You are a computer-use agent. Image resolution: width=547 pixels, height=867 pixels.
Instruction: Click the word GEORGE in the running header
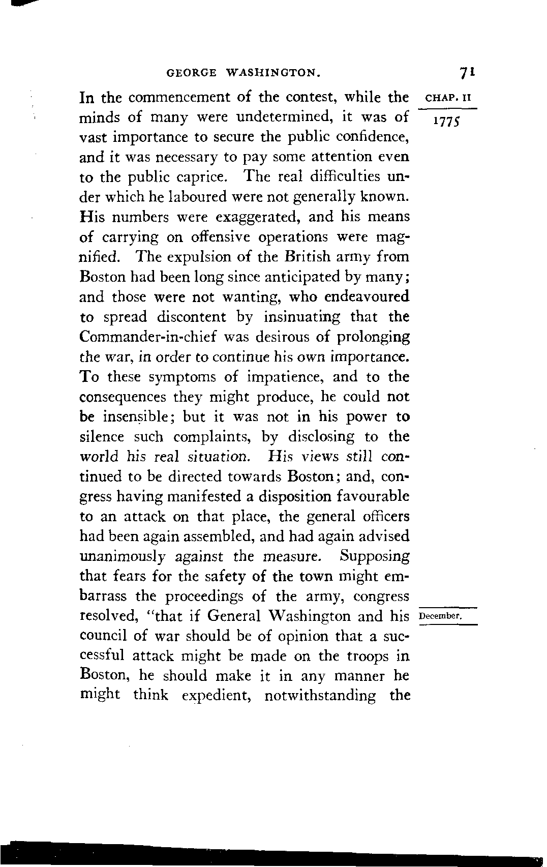191,74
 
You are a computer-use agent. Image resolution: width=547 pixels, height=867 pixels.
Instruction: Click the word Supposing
375,556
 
